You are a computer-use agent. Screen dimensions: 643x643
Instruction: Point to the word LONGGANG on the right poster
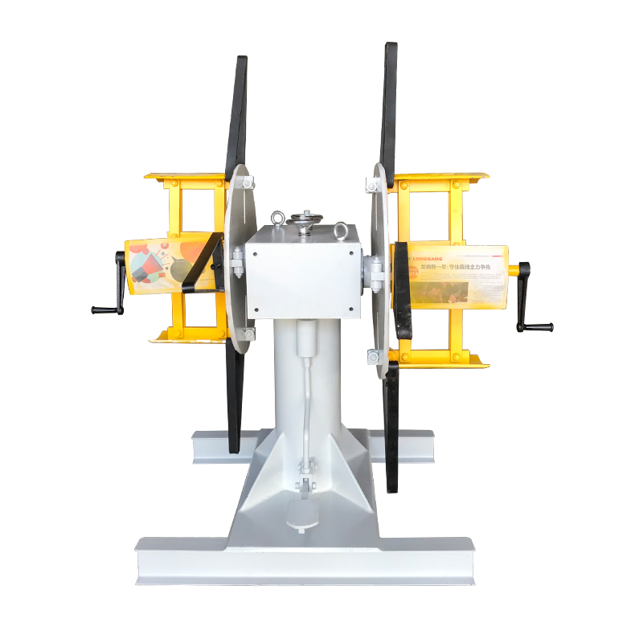click(x=428, y=259)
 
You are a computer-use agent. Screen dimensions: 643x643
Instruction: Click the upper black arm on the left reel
click(x=238, y=113)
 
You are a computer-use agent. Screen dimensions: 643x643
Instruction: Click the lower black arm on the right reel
click(x=391, y=426)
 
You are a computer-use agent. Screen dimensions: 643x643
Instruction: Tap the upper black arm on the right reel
click(x=390, y=104)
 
